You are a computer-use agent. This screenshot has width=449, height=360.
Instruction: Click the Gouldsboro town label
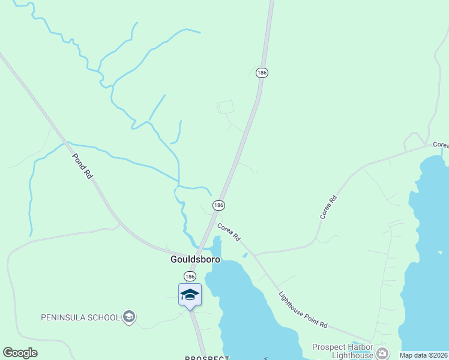click(x=193, y=260)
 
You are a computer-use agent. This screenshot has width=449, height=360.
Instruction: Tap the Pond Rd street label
click(x=82, y=166)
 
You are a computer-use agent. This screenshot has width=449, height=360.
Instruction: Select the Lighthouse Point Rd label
click(x=303, y=310)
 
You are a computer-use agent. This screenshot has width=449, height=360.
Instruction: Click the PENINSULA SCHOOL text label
click(x=80, y=317)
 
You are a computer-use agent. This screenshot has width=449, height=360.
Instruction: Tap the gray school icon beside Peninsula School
click(x=128, y=316)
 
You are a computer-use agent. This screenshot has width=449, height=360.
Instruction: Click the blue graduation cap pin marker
click(x=190, y=295)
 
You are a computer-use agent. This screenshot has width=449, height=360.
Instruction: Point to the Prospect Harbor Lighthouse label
click(x=343, y=351)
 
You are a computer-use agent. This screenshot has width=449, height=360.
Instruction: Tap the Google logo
click(x=20, y=352)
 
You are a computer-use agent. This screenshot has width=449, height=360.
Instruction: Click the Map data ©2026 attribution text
click(x=423, y=355)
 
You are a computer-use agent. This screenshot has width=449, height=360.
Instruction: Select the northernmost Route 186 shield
click(x=261, y=73)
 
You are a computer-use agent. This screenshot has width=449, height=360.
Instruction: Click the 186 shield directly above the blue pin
click(x=190, y=276)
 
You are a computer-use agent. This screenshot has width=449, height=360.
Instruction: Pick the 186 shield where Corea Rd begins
click(x=218, y=205)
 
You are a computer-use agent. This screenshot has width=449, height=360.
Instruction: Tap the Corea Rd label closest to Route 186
click(x=229, y=232)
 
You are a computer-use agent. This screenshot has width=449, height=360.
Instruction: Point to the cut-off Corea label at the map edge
click(x=441, y=145)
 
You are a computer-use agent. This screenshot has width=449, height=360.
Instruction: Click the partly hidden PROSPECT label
click(x=206, y=358)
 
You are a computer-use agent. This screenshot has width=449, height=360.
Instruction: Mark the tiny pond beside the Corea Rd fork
click(x=245, y=255)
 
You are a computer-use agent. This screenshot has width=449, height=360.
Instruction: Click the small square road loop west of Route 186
click(x=225, y=107)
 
